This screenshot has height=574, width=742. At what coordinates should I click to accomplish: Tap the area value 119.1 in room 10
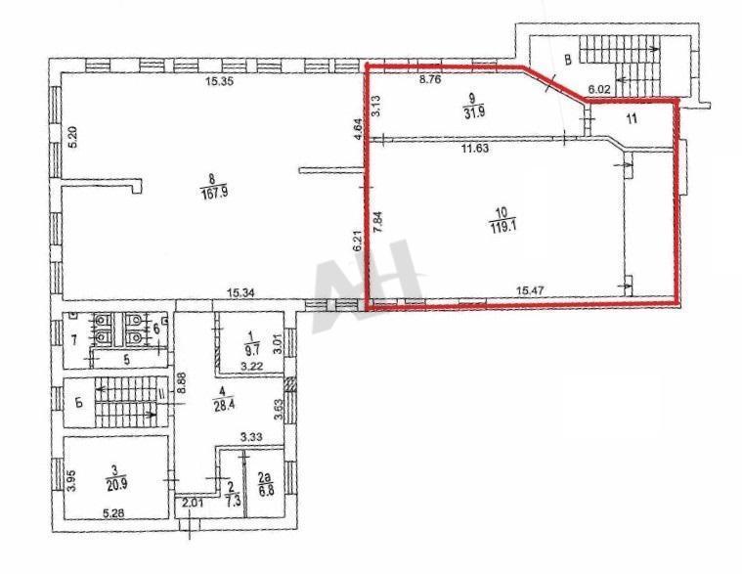(x=502, y=226)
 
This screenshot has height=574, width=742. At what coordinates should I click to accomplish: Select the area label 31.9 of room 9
(x=475, y=112)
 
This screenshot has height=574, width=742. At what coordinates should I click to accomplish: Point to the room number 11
(x=632, y=118)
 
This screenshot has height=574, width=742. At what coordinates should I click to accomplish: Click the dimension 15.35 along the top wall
(x=219, y=81)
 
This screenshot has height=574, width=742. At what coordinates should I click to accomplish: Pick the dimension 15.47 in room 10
(x=530, y=289)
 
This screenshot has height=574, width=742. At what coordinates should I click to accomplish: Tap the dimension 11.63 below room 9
(x=475, y=148)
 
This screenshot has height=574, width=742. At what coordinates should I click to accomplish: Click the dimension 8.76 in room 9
(x=430, y=79)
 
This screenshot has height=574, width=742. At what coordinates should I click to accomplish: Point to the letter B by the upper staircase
(x=569, y=60)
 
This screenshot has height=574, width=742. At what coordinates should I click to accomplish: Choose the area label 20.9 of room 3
(x=116, y=485)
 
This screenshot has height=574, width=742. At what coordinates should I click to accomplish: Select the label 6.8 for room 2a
(x=265, y=491)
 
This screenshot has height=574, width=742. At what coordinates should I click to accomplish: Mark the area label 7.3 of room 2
(x=231, y=500)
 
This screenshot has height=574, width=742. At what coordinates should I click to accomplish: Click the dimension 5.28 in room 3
(x=113, y=513)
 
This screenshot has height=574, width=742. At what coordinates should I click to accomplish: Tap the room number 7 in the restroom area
(x=74, y=338)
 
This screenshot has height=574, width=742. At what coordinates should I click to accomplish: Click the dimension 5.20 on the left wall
(x=72, y=138)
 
